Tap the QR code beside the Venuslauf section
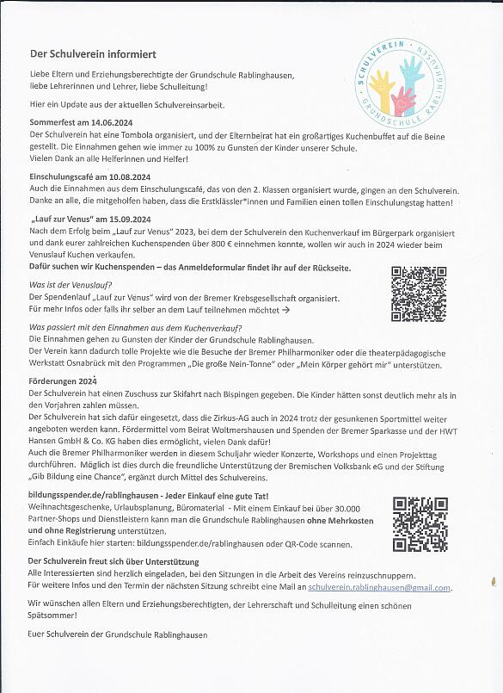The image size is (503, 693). pyautogui.click(x=419, y=293)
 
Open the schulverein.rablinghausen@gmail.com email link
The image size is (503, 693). pyautogui.click(x=379, y=587)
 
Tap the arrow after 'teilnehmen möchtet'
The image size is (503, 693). pyautogui.click(x=285, y=307)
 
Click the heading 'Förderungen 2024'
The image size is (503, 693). pyautogui.click(x=63, y=381)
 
